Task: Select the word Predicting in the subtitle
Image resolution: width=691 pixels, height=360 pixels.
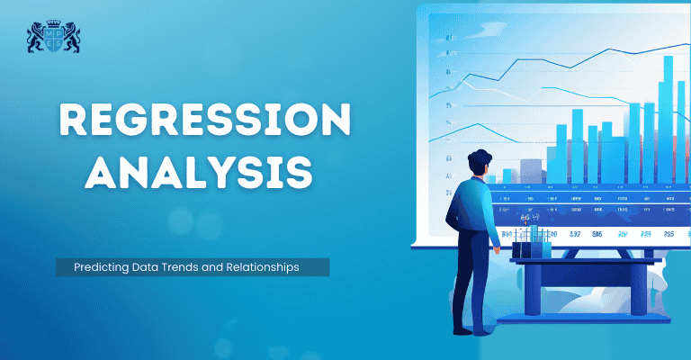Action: tap(95, 267)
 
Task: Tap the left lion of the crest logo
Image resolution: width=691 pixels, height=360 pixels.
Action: tap(37, 38)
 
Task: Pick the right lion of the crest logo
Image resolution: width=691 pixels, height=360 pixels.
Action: tap(70, 38)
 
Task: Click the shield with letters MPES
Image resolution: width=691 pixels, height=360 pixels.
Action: tap(53, 39)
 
